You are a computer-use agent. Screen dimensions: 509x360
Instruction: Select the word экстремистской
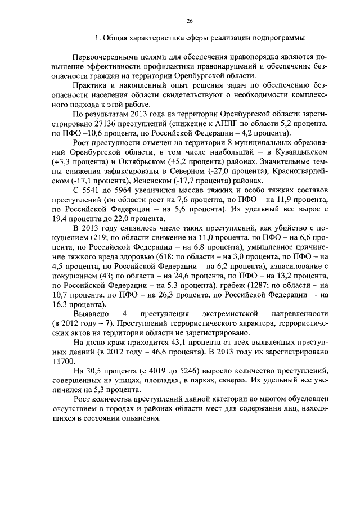pyautogui.click(x=224, y=313)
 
